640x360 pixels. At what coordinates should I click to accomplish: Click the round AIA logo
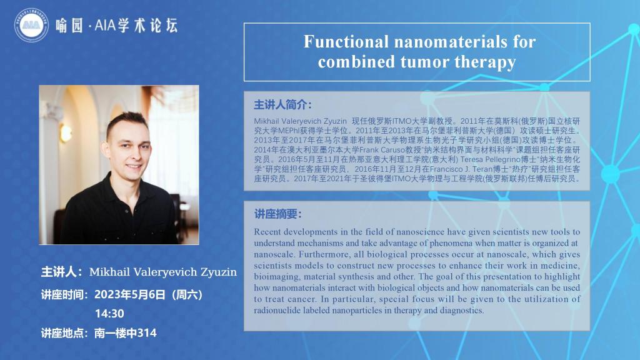[x=31, y=25]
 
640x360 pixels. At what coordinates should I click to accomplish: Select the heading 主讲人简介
[x=282, y=105]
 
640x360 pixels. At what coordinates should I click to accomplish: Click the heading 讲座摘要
[x=277, y=214]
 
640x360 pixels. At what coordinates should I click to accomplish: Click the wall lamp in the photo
[x=65, y=132]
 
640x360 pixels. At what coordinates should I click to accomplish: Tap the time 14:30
[x=109, y=314]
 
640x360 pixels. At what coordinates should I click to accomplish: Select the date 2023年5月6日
[x=130, y=294]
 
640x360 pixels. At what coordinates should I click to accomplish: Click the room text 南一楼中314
[x=125, y=333]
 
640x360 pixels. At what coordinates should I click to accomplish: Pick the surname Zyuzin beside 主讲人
[x=218, y=272]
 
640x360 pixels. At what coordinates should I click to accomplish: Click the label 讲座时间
[x=64, y=294]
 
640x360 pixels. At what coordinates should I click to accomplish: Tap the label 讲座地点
[x=64, y=333]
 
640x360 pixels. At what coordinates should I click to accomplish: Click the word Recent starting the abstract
[x=267, y=232]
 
